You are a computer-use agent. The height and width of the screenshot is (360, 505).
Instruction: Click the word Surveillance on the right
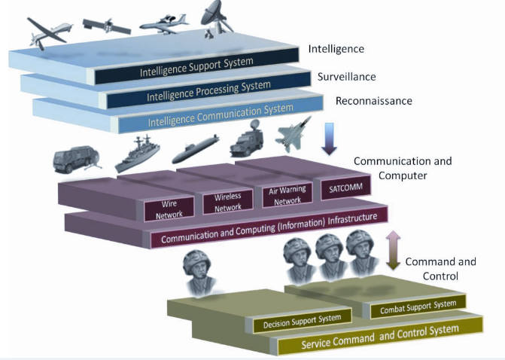(346, 77)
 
